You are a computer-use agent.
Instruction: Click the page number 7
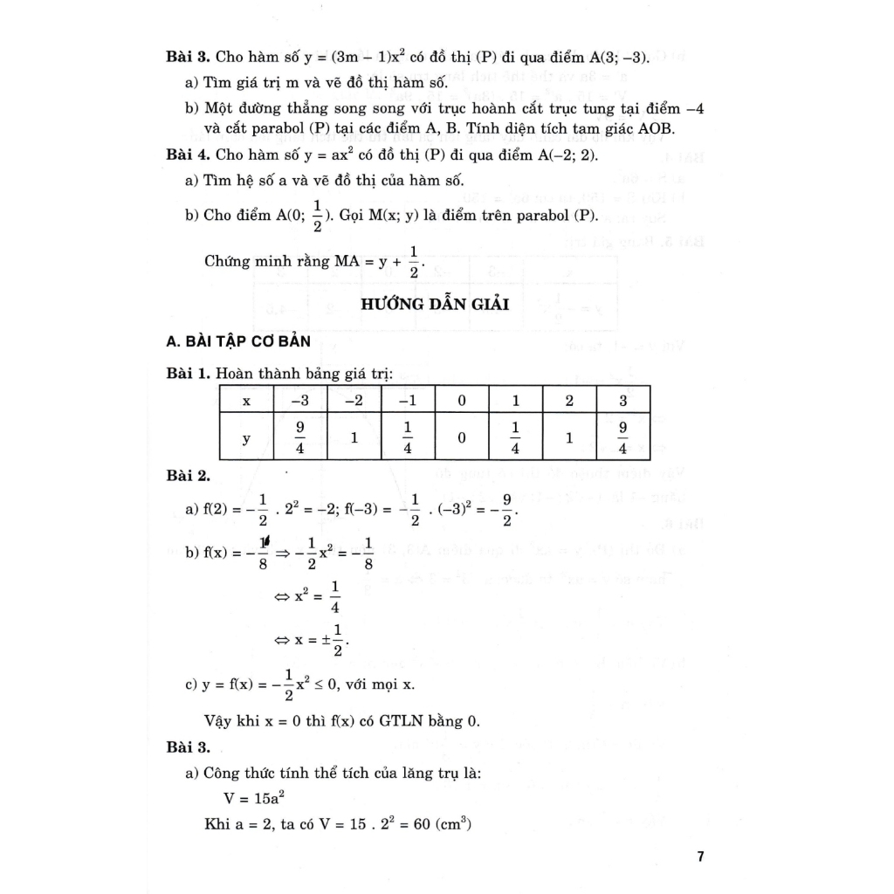coord(700,856)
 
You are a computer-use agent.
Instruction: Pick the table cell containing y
coord(246,439)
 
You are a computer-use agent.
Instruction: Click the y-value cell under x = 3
coord(622,439)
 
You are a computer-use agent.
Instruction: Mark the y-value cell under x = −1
coord(408,439)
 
